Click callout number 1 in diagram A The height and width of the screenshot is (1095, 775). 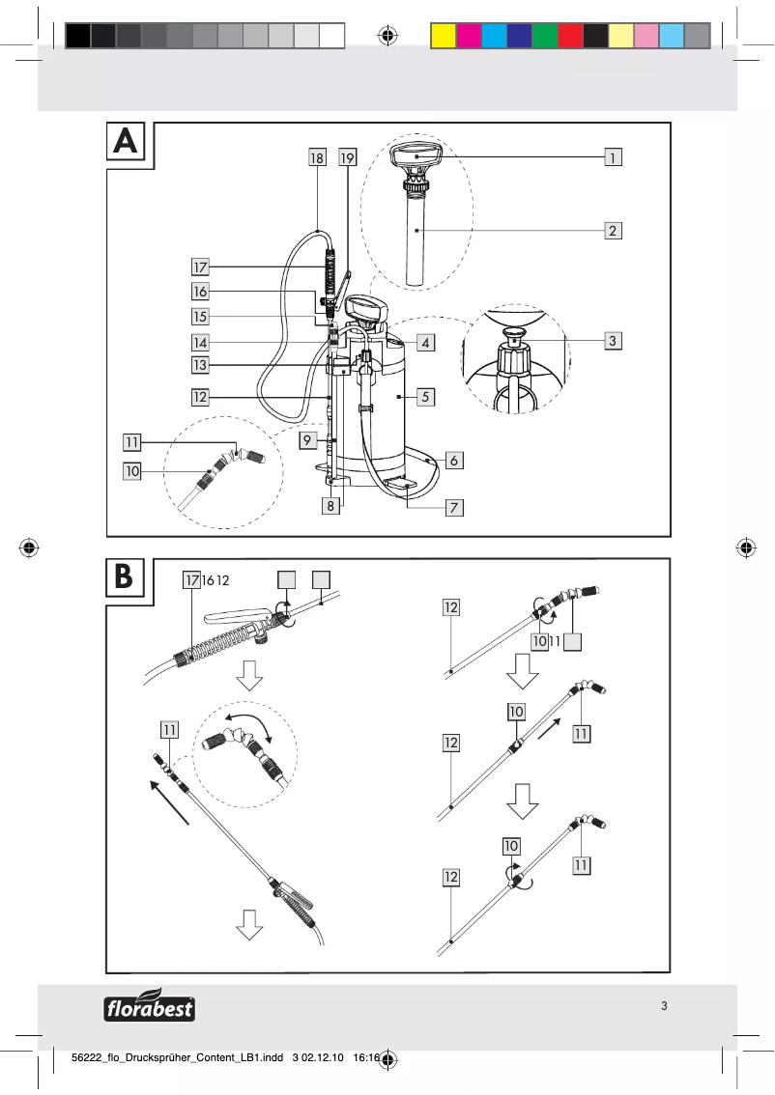pyautogui.click(x=613, y=154)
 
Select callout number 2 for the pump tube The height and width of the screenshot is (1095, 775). pyautogui.click(x=613, y=231)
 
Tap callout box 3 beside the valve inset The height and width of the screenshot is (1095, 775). pyautogui.click(x=613, y=340)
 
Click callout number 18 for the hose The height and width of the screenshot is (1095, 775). pyautogui.click(x=317, y=156)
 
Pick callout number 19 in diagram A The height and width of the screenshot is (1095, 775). pyautogui.click(x=348, y=156)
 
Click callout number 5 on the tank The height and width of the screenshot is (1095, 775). pyautogui.click(x=425, y=396)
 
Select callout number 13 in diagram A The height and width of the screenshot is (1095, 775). pyautogui.click(x=200, y=365)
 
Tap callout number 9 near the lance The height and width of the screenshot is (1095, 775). pyautogui.click(x=306, y=439)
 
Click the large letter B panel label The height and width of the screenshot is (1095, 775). pyautogui.click(x=126, y=577)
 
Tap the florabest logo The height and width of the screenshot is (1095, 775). pyautogui.click(x=149, y=1006)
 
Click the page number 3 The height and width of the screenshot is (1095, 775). pyautogui.click(x=664, y=1005)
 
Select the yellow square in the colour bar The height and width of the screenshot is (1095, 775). pyautogui.click(x=443, y=36)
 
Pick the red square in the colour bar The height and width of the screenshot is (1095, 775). pyautogui.click(x=570, y=36)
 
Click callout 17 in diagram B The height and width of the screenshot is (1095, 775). pyautogui.click(x=190, y=579)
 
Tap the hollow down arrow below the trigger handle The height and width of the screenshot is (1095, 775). pyautogui.click(x=249, y=675)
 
